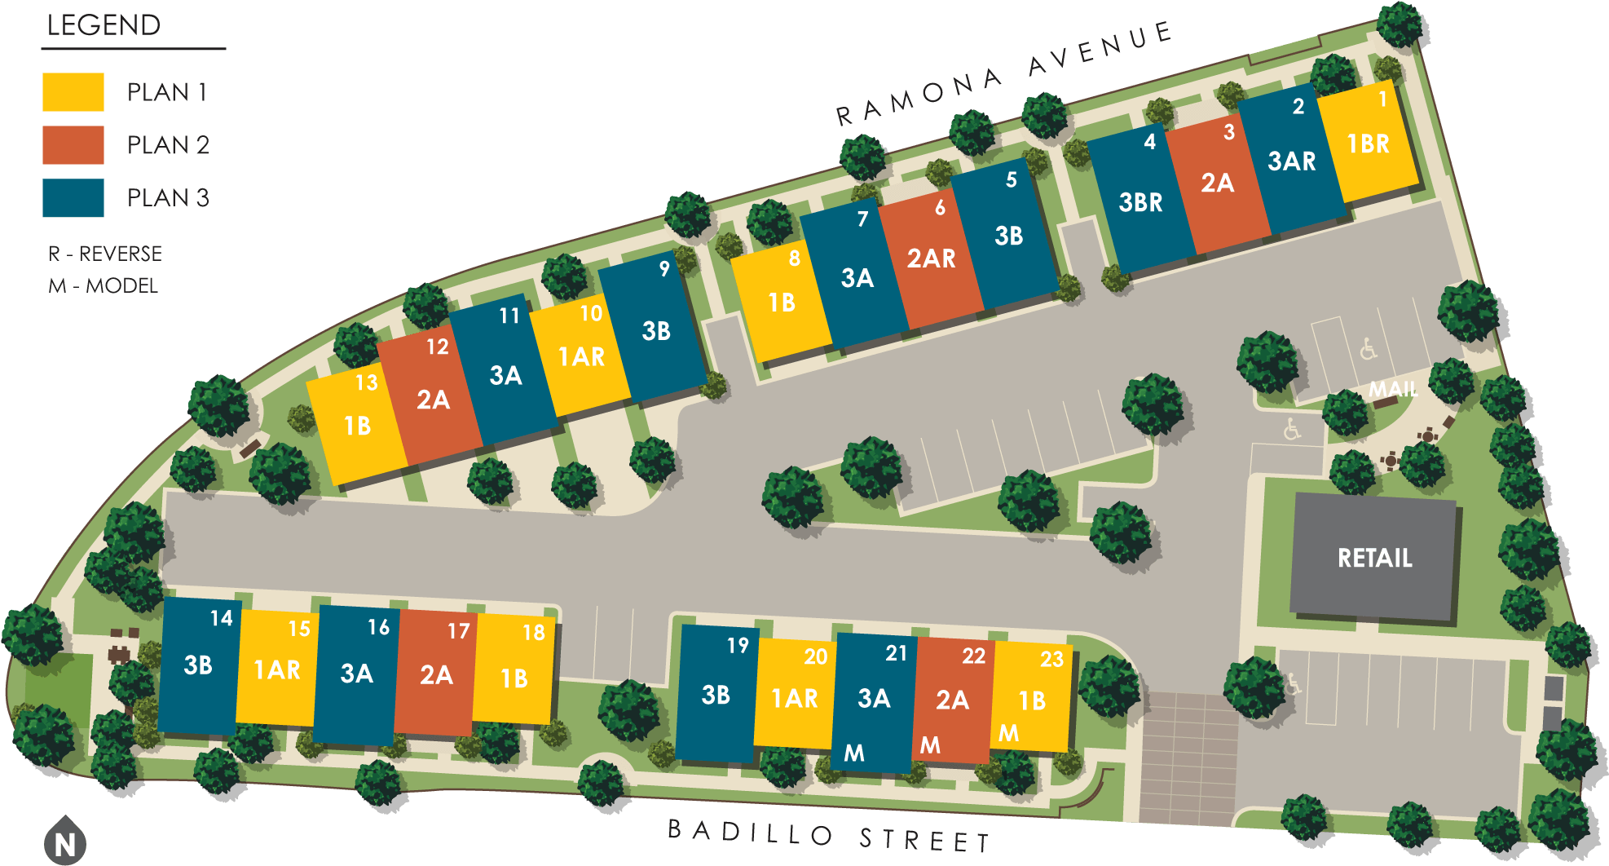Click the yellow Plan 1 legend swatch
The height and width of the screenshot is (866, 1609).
(x=73, y=92)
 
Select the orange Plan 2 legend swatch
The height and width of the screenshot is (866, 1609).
(x=73, y=145)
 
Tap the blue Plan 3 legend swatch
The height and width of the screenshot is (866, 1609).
(x=73, y=198)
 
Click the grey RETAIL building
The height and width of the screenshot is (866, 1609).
(x=1374, y=558)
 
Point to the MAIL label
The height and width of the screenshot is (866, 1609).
(x=1393, y=389)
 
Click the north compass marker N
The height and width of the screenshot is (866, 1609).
(x=65, y=843)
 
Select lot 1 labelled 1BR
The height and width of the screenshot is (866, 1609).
(x=1369, y=144)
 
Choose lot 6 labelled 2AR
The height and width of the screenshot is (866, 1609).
(x=932, y=258)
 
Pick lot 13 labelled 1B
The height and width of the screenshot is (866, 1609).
(x=358, y=426)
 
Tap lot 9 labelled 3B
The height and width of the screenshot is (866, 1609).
(x=656, y=330)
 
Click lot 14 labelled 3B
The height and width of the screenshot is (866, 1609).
(x=198, y=665)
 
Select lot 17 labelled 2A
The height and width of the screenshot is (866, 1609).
(x=436, y=674)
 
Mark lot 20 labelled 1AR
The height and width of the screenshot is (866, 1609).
(x=795, y=698)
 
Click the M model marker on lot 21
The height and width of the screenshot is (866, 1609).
(x=854, y=753)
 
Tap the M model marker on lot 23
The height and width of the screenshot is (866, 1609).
(x=1009, y=733)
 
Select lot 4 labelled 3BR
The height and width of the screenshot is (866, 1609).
(x=1140, y=202)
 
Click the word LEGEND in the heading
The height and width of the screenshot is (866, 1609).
(x=104, y=25)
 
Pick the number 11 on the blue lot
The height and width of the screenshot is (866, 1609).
(x=509, y=316)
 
